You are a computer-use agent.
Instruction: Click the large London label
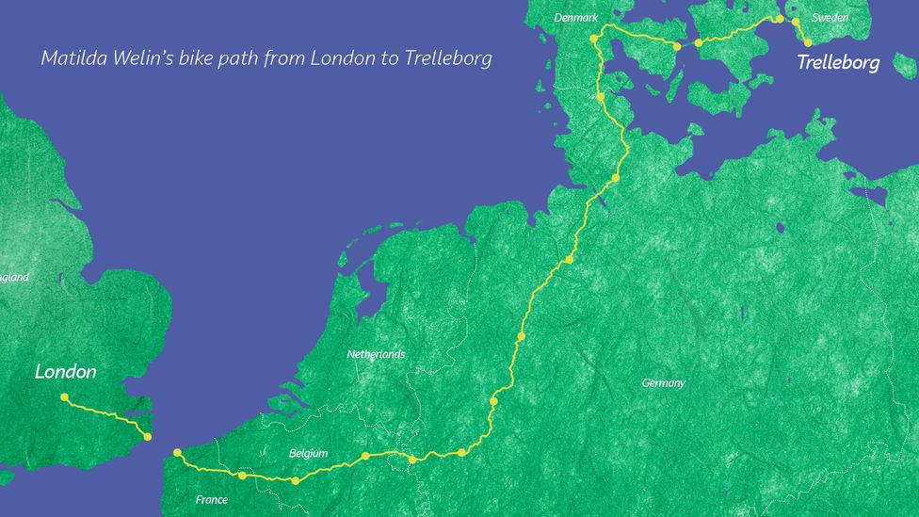(66, 372)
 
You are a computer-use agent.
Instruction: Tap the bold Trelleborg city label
(838, 63)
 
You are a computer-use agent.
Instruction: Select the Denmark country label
(576, 17)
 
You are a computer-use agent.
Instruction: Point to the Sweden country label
(830, 17)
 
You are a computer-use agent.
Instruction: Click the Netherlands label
(376, 354)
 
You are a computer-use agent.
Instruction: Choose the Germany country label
(663, 383)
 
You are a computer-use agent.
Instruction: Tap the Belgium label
(308, 453)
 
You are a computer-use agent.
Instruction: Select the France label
(211, 500)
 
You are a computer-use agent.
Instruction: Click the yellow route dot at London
(64, 397)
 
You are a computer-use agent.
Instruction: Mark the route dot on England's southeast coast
(147, 437)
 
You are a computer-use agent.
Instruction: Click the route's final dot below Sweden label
(808, 42)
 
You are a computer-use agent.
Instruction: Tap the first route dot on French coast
(177, 453)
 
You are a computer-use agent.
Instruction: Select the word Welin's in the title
(137, 58)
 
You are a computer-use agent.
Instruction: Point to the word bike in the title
(192, 58)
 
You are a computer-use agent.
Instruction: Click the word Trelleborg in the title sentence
(448, 58)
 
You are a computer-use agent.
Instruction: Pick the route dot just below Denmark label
(593, 39)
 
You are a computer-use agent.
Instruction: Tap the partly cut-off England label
(14, 277)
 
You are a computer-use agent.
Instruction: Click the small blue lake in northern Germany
(781, 227)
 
